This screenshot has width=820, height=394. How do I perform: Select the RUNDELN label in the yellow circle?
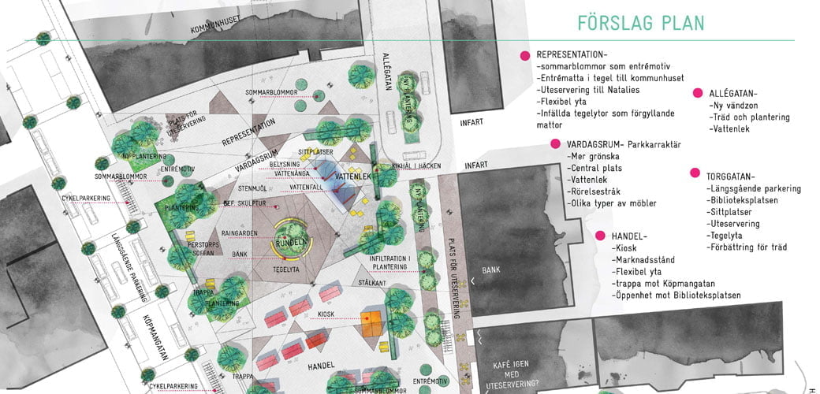click(290, 243)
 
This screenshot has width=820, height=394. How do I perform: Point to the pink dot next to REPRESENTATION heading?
click(524, 56)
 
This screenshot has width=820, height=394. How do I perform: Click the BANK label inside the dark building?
click(491, 269)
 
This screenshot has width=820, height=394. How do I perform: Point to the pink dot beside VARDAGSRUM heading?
click(555, 145)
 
